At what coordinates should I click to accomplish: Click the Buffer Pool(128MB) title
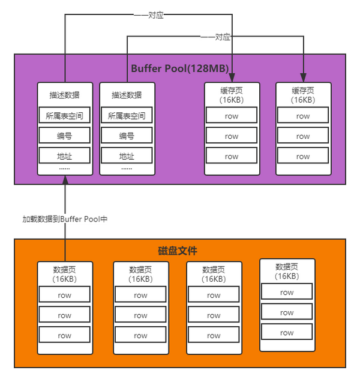(x=179, y=68)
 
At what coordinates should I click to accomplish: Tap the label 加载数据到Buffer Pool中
(x=65, y=219)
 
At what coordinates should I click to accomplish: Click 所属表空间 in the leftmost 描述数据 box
(x=65, y=115)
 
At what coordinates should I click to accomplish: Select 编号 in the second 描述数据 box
(x=127, y=136)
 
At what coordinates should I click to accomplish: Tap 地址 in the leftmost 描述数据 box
(x=65, y=156)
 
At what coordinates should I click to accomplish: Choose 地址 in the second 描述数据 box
(x=127, y=156)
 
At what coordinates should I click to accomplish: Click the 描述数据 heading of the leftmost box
(x=65, y=95)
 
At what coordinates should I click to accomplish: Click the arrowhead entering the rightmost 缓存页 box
(x=304, y=77)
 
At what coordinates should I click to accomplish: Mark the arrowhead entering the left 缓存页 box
(x=232, y=77)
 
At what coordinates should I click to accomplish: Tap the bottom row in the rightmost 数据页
(x=287, y=333)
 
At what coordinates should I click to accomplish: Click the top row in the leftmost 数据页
(x=65, y=295)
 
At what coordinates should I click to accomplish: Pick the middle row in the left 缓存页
(x=232, y=136)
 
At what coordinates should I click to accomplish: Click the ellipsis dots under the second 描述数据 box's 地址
(x=127, y=169)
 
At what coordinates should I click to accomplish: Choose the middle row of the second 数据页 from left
(x=140, y=315)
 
